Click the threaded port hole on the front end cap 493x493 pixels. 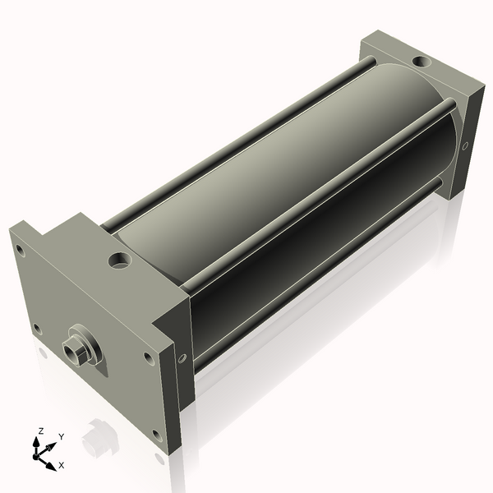click(x=120, y=260)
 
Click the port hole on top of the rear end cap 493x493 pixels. click(x=422, y=61)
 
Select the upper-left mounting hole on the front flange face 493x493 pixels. click(x=20, y=251)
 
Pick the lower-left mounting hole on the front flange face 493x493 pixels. click(x=38, y=329)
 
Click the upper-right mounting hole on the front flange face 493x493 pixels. click(x=149, y=358)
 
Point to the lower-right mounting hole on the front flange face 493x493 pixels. click(x=157, y=435)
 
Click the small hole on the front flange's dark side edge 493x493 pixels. click(x=182, y=358)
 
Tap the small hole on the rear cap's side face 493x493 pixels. click(x=465, y=145)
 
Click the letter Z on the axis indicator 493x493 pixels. click(x=40, y=431)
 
